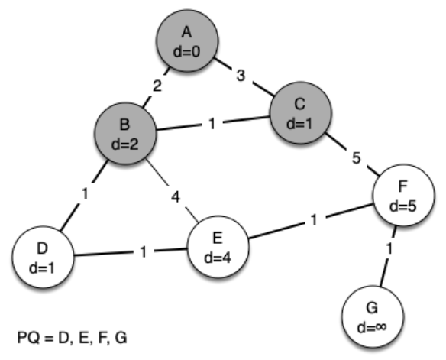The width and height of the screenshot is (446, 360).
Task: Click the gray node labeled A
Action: (187, 41)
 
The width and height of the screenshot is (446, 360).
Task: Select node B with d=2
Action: (125, 134)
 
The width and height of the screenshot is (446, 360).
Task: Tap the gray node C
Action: (300, 112)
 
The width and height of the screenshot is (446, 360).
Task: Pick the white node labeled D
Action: (43, 257)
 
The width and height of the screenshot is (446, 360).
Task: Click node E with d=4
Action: (218, 247)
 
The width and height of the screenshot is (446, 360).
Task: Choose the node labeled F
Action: (404, 195)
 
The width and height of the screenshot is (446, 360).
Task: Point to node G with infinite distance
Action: (373, 316)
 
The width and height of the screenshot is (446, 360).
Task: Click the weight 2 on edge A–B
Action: (157, 86)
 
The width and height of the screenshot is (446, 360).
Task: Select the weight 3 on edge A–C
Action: (241, 76)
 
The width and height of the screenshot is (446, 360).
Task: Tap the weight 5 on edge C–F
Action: (357, 157)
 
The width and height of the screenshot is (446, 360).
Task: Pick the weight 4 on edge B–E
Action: (176, 196)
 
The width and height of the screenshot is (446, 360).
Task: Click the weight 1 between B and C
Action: (212, 124)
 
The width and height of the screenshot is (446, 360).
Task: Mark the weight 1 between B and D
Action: (85, 194)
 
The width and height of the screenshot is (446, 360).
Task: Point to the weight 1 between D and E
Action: (144, 252)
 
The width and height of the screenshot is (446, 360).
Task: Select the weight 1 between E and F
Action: (314, 219)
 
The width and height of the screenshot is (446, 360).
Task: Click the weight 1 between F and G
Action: (389, 249)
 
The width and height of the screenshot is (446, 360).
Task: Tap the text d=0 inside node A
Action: (187, 52)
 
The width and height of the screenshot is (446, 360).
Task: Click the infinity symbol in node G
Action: (380, 327)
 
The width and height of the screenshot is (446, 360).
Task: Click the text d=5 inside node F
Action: (403, 206)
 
